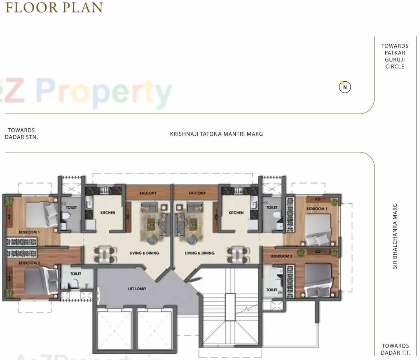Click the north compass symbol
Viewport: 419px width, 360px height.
click(345, 87)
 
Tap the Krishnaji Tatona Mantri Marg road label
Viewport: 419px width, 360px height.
click(216, 134)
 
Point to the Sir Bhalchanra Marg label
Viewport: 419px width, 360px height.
click(395, 236)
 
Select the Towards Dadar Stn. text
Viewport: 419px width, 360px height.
click(21, 134)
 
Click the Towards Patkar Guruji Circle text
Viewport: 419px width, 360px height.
click(395, 56)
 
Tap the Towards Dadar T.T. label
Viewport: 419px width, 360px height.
click(395, 349)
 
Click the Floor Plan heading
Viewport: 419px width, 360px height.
click(54, 7)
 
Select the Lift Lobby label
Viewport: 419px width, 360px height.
click(137, 289)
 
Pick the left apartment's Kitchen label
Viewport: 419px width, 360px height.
click(108, 213)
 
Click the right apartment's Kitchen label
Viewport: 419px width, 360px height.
click(236, 213)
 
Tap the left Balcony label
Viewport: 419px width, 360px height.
click(147, 193)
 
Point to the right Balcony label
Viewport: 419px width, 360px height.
click(197, 193)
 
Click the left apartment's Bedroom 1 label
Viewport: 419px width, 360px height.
click(29, 232)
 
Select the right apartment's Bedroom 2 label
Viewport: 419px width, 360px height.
click(281, 256)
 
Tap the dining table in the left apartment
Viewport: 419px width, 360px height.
click(103, 254)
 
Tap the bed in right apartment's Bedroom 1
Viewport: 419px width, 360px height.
click(318, 230)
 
